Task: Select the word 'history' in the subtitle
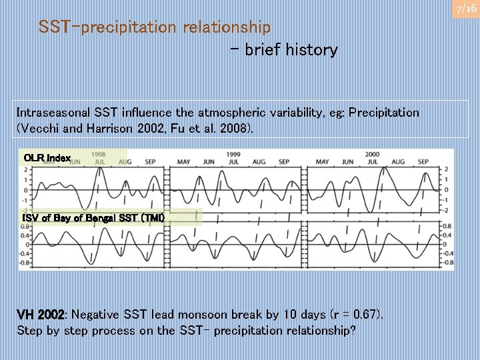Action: click(x=311, y=50)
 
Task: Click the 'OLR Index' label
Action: click(x=47, y=158)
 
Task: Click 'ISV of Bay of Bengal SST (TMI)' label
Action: click(x=93, y=218)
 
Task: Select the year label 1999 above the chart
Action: click(x=233, y=154)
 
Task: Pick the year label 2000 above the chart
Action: click(x=372, y=154)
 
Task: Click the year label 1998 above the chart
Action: click(x=99, y=154)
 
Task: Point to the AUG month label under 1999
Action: click(x=259, y=162)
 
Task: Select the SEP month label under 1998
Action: click(x=150, y=162)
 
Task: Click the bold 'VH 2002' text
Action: click(x=41, y=314)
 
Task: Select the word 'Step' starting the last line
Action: click(x=29, y=330)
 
